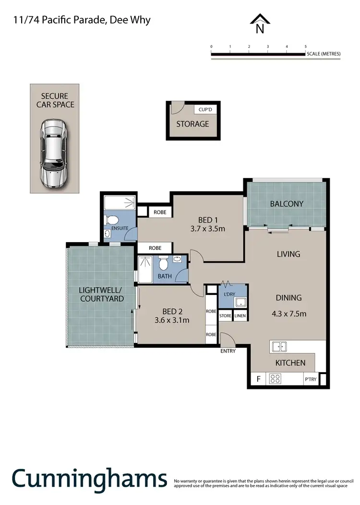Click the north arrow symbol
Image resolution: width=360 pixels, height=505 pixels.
pos(260,24)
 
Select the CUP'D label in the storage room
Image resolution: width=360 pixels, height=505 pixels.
pos(205,109)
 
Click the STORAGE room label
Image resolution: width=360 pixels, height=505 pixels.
pos(192,124)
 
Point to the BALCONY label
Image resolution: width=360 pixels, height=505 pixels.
pos(287,203)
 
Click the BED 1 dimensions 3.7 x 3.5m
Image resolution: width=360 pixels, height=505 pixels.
pos(207,228)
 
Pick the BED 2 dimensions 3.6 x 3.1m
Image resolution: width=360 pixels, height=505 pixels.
pos(171,320)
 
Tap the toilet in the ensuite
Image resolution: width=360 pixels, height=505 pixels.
pos(112,220)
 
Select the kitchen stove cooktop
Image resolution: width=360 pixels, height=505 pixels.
pos(276,379)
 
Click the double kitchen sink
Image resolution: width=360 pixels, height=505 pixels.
pos(279,346)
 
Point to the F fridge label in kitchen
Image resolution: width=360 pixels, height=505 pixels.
pos(259,379)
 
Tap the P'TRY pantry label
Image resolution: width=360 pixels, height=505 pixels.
pos(310,380)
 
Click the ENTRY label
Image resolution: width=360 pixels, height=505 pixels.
pos(228,351)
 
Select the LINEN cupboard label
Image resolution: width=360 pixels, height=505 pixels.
pos(240,316)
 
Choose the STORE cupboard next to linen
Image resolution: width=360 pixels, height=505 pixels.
pos(225,316)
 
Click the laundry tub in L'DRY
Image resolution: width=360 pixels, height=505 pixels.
pos(240,302)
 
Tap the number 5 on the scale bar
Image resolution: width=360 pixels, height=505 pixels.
pos(305,47)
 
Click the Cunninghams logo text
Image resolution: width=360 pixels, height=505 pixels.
pos(89,479)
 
